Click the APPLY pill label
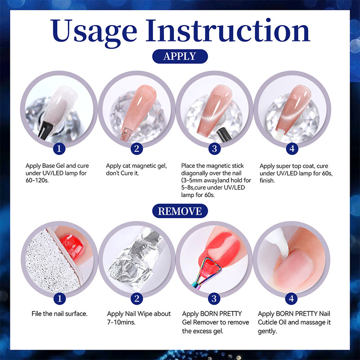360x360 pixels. (180, 56)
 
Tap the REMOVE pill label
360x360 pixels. (180, 211)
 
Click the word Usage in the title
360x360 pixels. (94, 31)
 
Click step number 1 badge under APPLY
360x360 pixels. (59, 148)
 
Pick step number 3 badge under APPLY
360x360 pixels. (215, 148)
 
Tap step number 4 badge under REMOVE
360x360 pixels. (291, 299)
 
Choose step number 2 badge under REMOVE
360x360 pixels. (137, 299)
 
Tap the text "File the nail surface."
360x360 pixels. (59, 314)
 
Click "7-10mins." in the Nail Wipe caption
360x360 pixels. (121, 322)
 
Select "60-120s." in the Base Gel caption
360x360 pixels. (37, 180)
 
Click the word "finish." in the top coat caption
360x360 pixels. (267, 181)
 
